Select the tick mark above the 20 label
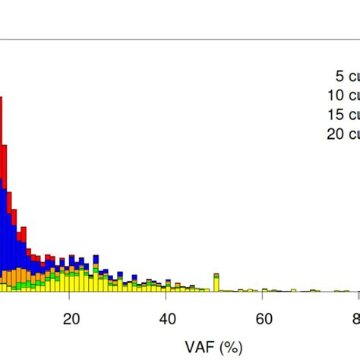[70, 295]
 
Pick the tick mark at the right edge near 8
[358, 295]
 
